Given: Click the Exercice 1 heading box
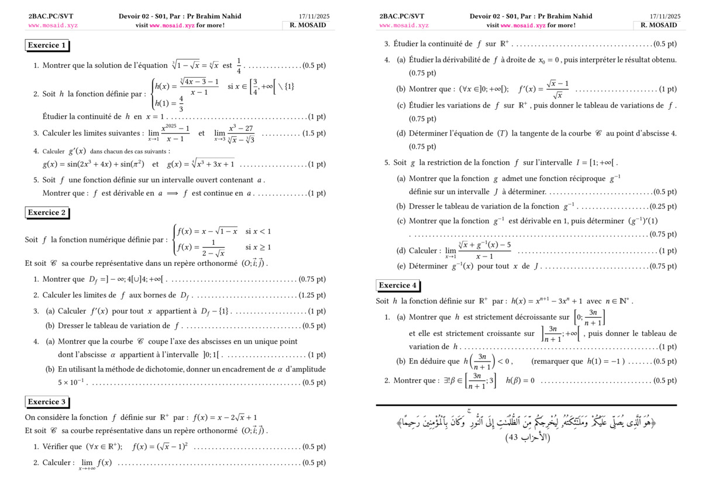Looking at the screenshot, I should pyautogui.click(x=47, y=45).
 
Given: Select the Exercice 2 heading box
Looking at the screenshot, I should pyautogui.click(x=47, y=213).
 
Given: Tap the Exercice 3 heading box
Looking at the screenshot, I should pyautogui.click(x=47, y=402).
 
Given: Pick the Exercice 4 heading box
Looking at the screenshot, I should pyautogui.click(x=398, y=286).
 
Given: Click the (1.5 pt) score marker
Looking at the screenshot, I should pyautogui.click(x=314, y=133).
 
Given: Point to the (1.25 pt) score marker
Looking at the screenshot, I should pyautogui.click(x=312, y=295).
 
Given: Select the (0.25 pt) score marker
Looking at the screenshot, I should pyautogui.click(x=663, y=206).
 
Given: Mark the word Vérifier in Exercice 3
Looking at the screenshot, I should pyautogui.click(x=62, y=447).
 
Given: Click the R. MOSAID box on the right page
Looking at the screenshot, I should pyautogui.click(x=659, y=25).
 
